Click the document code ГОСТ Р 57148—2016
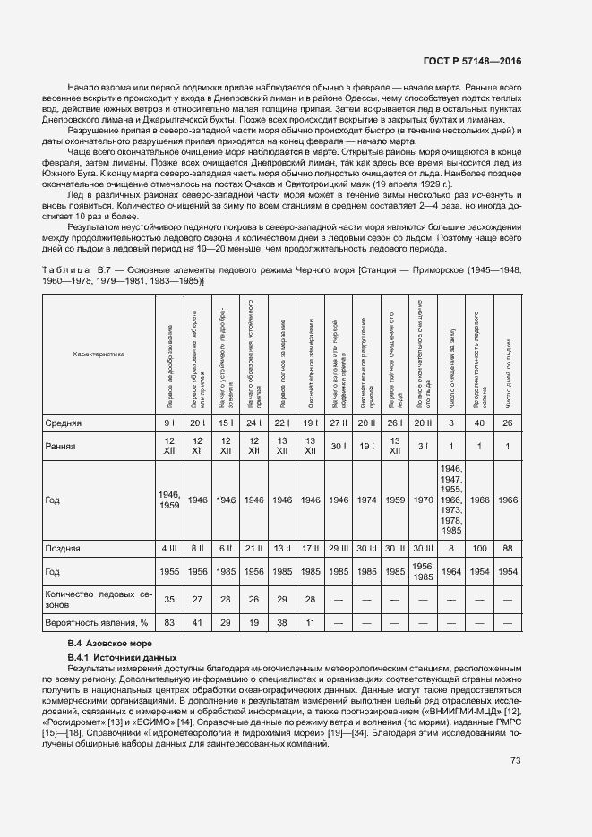472,61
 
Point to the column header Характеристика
99,354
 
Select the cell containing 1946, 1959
168,500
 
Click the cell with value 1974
366,500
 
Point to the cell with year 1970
423,500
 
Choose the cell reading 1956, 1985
423,570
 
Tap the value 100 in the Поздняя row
480,547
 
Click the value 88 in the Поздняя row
508,547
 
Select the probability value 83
168,620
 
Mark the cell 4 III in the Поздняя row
168,547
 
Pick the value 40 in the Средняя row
480,423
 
